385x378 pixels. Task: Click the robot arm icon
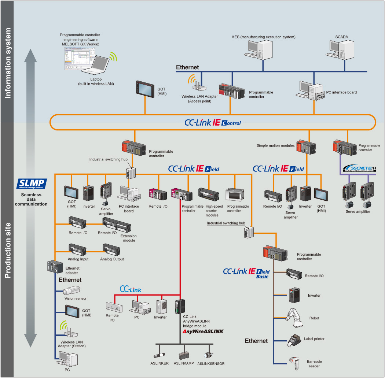click(296, 317)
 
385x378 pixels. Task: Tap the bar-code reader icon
click(294, 362)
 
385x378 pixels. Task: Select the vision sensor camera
click(71, 291)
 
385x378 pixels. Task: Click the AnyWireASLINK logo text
click(203, 331)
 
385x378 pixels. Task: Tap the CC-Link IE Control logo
click(213, 123)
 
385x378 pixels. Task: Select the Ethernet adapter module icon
click(55, 266)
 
